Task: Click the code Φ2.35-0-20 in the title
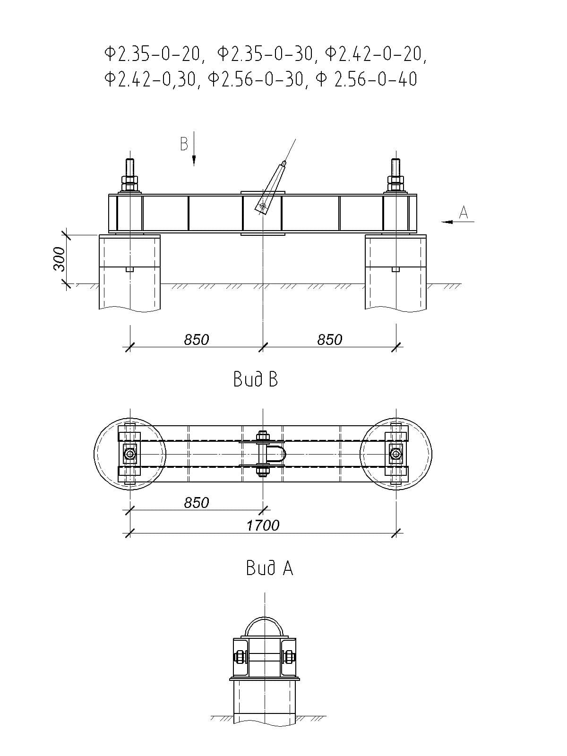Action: pyautogui.click(x=152, y=54)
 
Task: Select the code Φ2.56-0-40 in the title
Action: pyautogui.click(x=366, y=79)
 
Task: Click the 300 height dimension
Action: pyautogui.click(x=59, y=259)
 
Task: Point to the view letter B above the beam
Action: pyautogui.click(x=184, y=144)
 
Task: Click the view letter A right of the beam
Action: pyautogui.click(x=464, y=212)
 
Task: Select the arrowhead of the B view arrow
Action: pyautogui.click(x=194, y=161)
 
